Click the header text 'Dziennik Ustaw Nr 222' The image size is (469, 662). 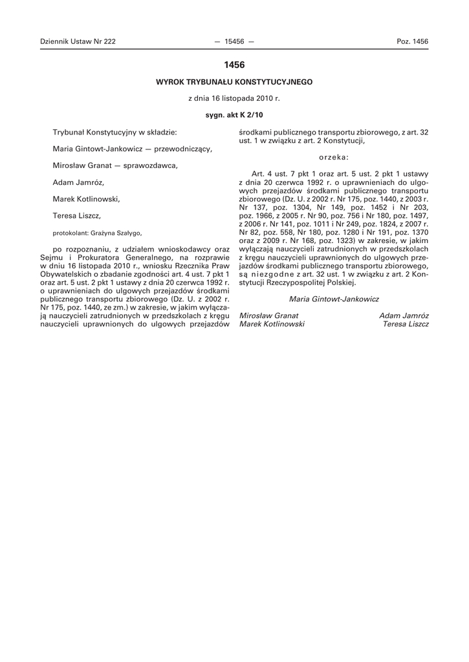tap(78, 41)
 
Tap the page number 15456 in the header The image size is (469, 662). tap(234, 41)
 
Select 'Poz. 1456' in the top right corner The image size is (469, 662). tap(412, 41)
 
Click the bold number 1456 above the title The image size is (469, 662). tap(234, 65)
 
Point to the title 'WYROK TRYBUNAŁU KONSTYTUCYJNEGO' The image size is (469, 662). tap(234, 82)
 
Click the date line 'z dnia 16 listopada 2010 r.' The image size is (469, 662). tap(234, 99)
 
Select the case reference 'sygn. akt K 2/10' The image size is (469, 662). tap(234, 115)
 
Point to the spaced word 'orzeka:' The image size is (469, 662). tap(334, 156)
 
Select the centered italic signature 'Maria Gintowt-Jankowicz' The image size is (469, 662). tap(334, 299)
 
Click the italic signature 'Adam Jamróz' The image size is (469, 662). tap(404, 315)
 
